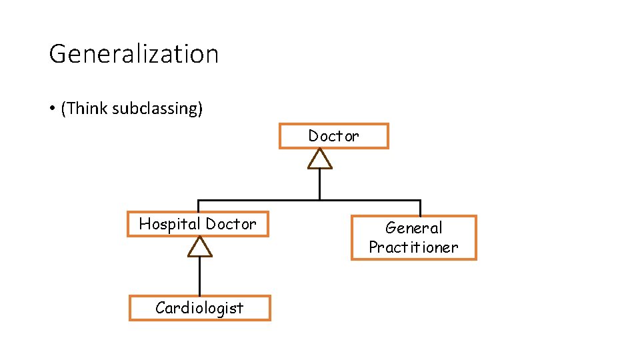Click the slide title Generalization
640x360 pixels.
click(133, 53)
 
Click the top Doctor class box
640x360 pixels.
click(333, 136)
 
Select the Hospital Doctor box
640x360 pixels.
click(197, 224)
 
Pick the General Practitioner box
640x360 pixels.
click(413, 237)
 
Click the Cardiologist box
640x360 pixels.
click(199, 308)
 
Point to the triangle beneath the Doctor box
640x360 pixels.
click(320, 159)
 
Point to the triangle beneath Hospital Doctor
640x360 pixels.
click(199, 247)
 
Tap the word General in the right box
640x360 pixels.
click(413, 228)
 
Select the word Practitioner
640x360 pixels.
click(413, 247)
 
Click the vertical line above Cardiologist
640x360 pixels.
click(199, 276)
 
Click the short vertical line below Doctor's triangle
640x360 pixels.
click(320, 184)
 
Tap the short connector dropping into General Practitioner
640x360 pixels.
click(420, 207)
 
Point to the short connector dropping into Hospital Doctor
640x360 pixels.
click(198, 206)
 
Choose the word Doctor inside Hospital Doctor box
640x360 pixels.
click(231, 224)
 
